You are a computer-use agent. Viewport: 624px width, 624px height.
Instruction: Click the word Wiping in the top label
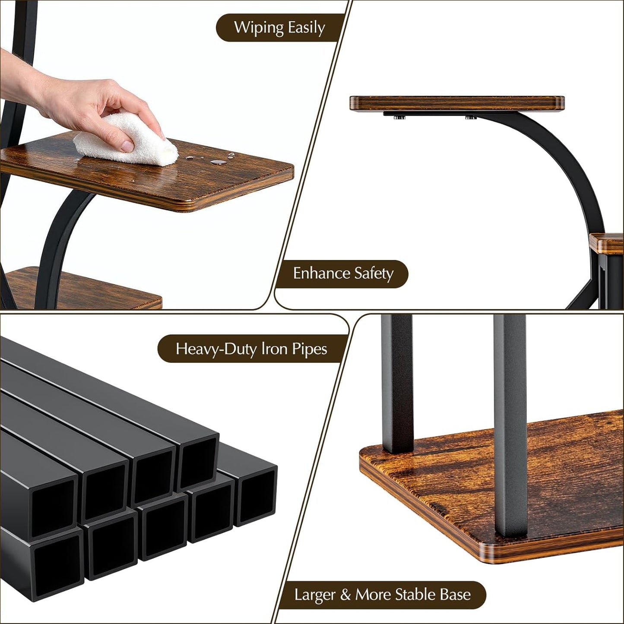tap(258, 28)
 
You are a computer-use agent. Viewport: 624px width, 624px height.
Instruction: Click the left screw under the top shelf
tap(397, 117)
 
